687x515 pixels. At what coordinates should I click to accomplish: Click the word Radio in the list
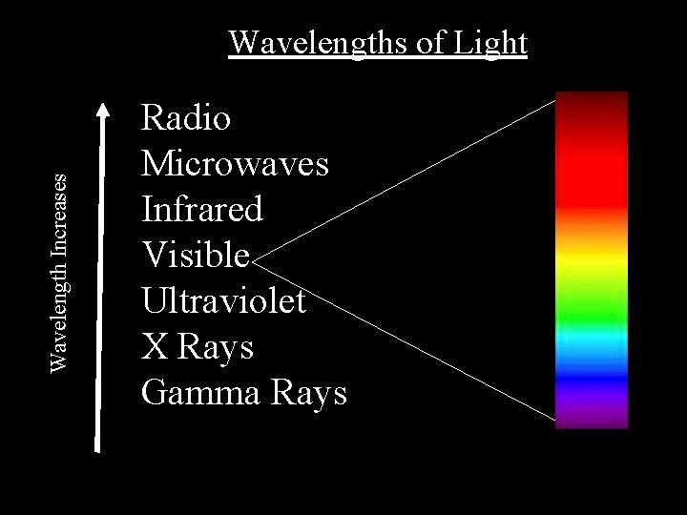186,118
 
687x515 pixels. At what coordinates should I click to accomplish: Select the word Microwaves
235,164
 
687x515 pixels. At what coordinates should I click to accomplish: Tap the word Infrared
201,209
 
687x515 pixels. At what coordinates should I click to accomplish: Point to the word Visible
196,255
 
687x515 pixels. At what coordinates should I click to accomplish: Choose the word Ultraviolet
223,300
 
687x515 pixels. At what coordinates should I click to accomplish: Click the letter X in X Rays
153,346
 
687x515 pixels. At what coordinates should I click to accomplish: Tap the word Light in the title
489,43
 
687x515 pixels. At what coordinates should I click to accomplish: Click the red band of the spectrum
592,181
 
